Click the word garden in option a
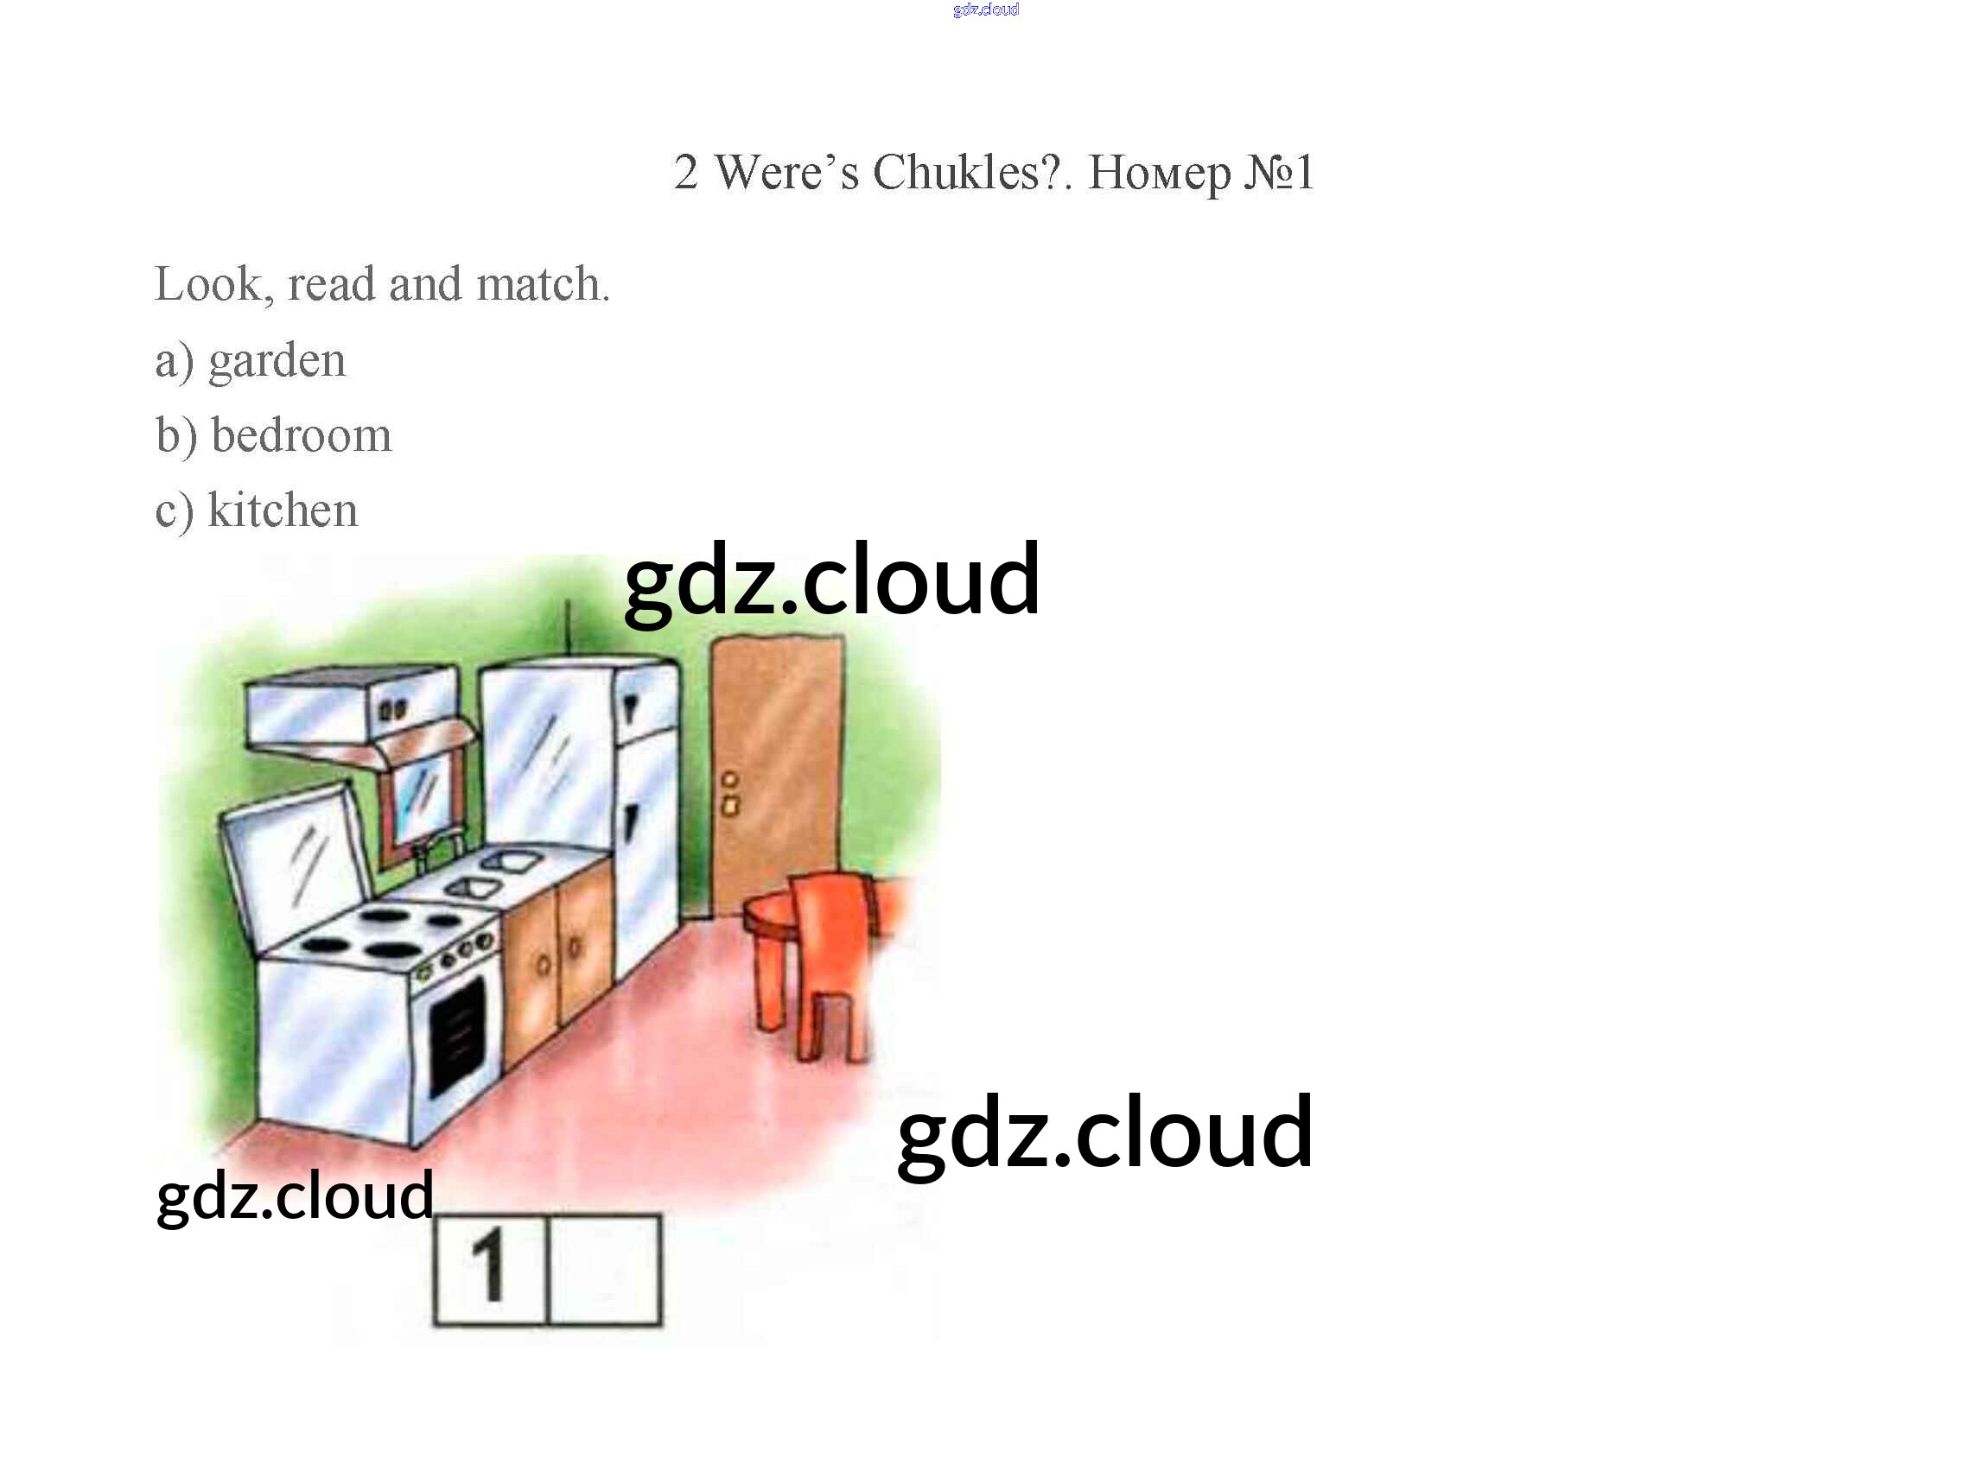[x=277, y=361]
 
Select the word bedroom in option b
[x=302, y=436]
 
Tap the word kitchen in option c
[x=283, y=511]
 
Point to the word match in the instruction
[x=542, y=284]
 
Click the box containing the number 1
[x=489, y=1269]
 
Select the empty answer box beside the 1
[x=604, y=1269]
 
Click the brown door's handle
[x=730, y=794]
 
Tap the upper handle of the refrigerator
[x=631, y=708]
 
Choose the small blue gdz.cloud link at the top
[x=985, y=10]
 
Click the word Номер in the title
[x=1159, y=172]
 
